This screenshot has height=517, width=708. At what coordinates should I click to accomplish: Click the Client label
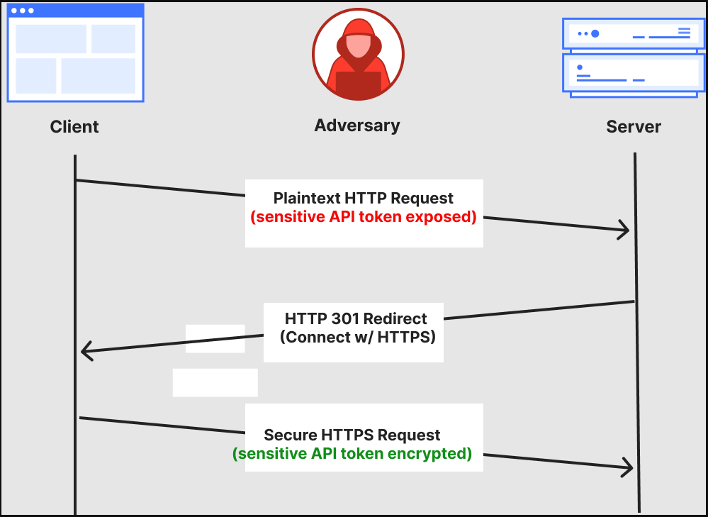coord(74,126)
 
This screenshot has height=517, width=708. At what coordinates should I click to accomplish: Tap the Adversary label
coord(356,126)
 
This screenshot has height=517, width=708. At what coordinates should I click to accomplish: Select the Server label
coord(634,126)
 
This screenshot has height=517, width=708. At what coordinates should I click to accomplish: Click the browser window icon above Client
coord(75,53)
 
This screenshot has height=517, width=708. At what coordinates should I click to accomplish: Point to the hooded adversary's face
coord(358,45)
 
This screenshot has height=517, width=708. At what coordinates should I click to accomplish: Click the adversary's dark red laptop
coord(358,84)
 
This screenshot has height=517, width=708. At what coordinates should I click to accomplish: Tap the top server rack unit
coord(633,33)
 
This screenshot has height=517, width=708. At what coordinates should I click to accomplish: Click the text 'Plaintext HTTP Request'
coord(363,198)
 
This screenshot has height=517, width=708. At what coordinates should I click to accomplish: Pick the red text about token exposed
coord(364,217)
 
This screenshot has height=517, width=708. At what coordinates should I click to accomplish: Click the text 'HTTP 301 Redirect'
coord(355,318)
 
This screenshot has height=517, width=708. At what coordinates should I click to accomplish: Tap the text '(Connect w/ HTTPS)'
coord(358,337)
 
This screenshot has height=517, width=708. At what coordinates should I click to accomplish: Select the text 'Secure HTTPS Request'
coord(352,435)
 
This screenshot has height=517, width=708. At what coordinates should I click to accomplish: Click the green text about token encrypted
coord(352,454)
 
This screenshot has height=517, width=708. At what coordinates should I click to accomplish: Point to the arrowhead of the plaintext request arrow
coord(625,230)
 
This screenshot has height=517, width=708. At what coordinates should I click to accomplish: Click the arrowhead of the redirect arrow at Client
coord(86,350)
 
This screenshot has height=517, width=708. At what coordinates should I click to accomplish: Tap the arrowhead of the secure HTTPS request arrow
coord(628,468)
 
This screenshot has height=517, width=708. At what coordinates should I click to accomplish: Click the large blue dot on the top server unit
coord(595,33)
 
